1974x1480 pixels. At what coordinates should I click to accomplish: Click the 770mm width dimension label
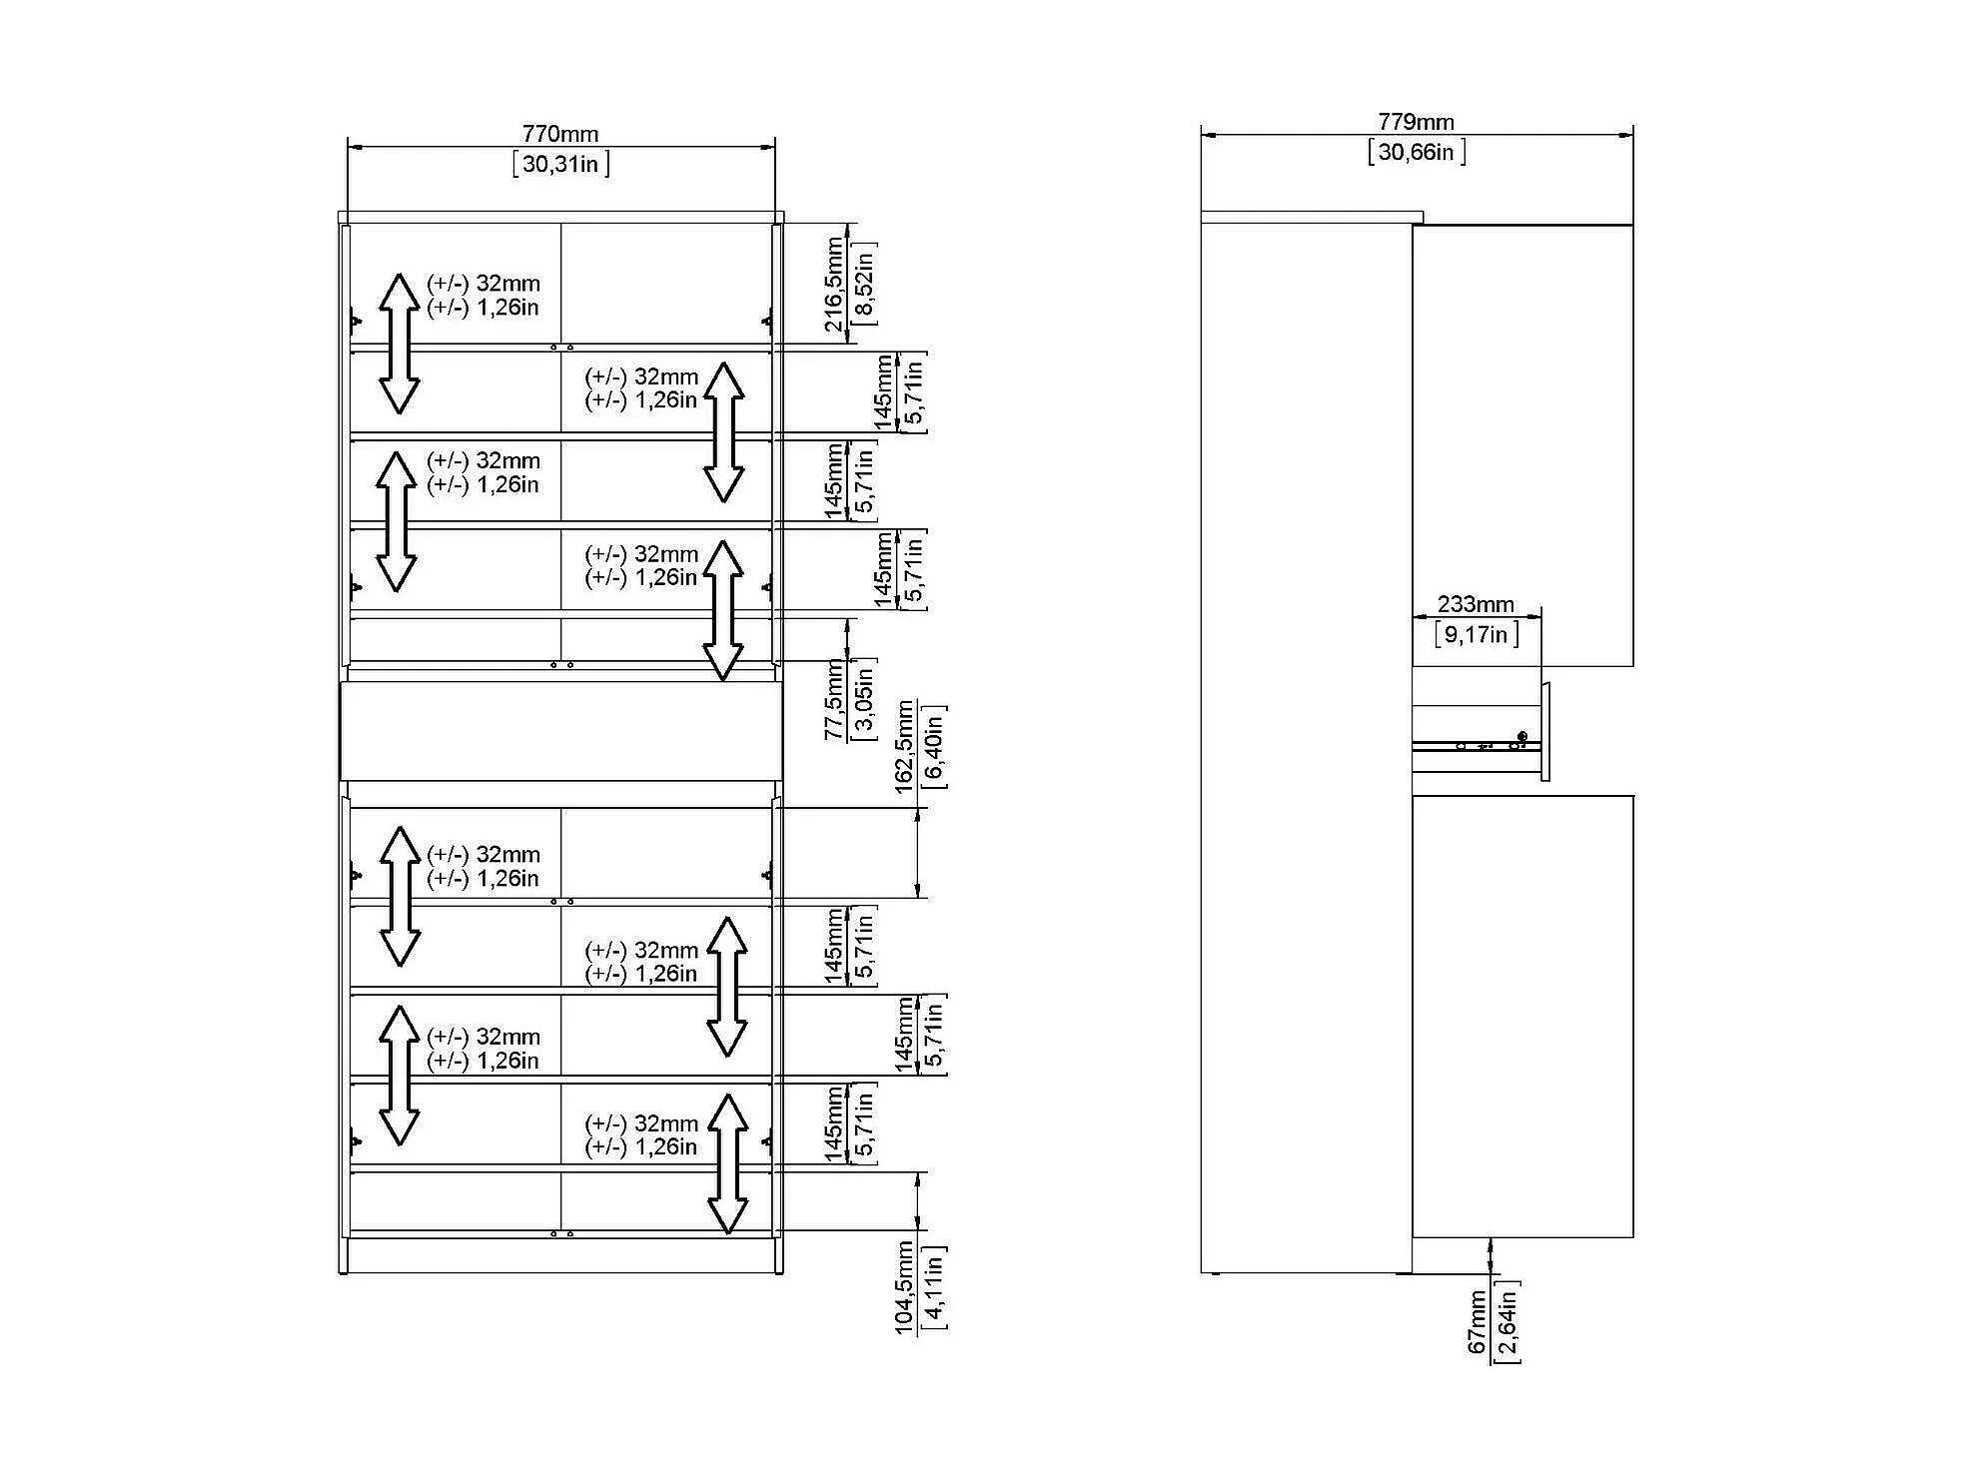point(560,134)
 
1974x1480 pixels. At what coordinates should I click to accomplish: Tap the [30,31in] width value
point(560,164)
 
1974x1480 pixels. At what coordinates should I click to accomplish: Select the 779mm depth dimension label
point(1416,122)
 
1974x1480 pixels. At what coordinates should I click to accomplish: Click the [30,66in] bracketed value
point(1417,152)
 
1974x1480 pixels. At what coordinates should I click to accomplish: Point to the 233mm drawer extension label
point(1476,604)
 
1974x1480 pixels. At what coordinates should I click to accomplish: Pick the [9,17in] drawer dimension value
point(1477,634)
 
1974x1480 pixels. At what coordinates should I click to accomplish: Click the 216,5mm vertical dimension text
point(834,285)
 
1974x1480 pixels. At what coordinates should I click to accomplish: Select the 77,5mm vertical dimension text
point(834,700)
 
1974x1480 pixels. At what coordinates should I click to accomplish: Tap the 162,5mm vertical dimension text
point(904,747)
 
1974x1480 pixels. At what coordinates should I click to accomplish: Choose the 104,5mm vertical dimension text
point(904,1288)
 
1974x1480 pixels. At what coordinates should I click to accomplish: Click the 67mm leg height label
point(1477,1322)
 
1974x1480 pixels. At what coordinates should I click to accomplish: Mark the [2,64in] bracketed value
point(1506,1322)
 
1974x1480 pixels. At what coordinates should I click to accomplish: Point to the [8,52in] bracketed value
point(864,285)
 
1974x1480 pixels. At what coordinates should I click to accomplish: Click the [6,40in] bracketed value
point(934,747)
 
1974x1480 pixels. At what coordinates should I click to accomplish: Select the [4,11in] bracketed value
point(934,1288)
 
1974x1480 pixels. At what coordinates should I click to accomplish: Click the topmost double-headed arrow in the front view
point(399,344)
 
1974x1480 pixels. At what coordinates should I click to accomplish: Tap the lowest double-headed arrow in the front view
point(728,1164)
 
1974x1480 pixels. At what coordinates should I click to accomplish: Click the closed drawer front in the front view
point(560,731)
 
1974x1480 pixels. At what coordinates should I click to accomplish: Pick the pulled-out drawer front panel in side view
point(1545,732)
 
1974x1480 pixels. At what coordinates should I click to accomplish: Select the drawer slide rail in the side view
point(1477,745)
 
